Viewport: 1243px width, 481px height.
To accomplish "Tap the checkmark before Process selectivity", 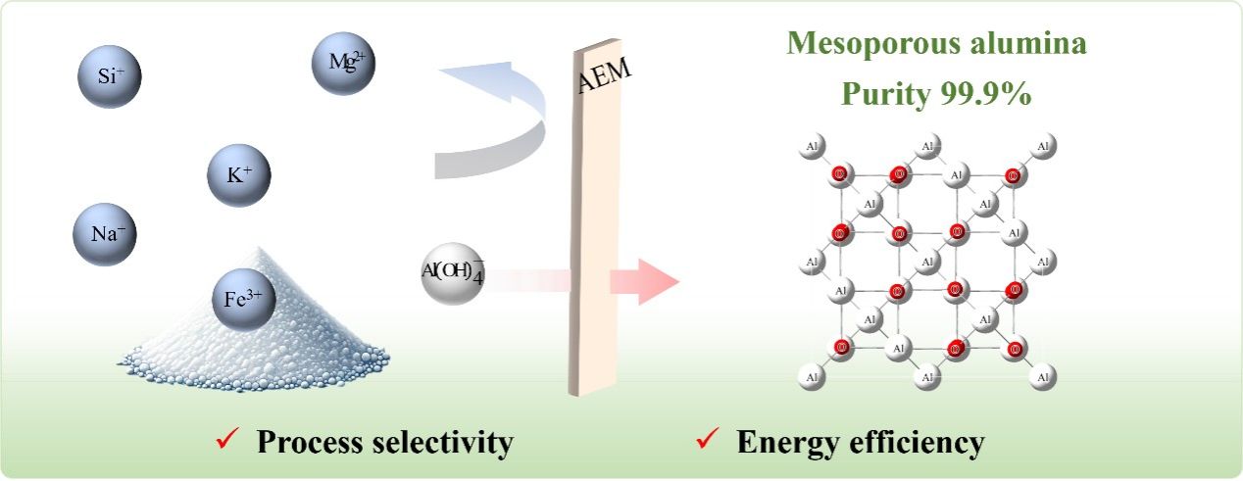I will pyautogui.click(x=224, y=443).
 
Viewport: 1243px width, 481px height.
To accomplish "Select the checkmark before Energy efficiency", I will pyautogui.click(x=703, y=443).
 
